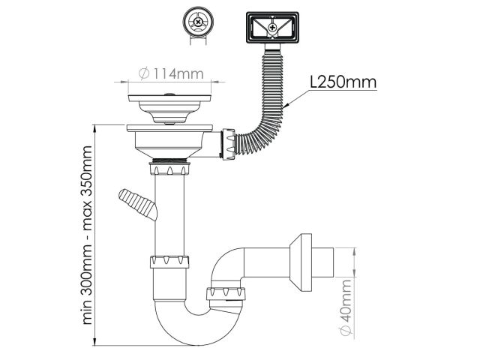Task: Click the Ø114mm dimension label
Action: click(x=171, y=73)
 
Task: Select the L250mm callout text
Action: click(x=343, y=82)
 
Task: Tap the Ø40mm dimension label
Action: click(x=346, y=307)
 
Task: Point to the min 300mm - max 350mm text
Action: click(x=87, y=235)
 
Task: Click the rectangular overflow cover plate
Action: click(x=272, y=28)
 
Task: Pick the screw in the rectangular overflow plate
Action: click(x=272, y=28)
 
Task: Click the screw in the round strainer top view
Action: click(x=198, y=22)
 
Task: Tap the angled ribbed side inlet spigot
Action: click(x=138, y=204)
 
